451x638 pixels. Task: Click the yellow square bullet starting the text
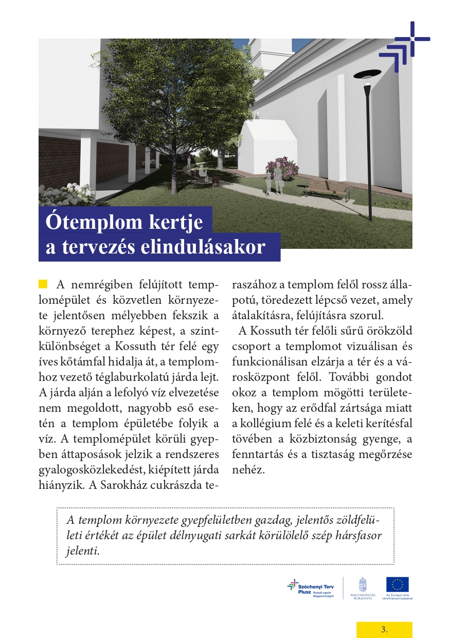click(x=43, y=284)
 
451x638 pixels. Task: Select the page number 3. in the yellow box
click(x=384, y=629)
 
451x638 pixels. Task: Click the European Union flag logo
click(x=398, y=584)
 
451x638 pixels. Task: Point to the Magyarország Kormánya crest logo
click(x=363, y=585)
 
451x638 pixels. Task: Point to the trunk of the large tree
click(x=173, y=159)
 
